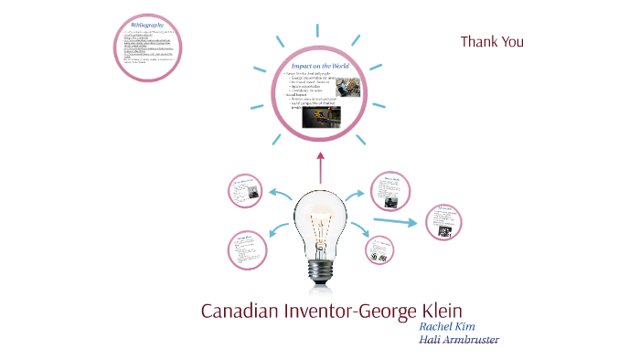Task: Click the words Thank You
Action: click(x=491, y=41)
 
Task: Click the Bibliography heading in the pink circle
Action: click(x=147, y=25)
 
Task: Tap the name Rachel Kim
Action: click(x=447, y=325)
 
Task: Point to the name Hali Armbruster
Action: click(x=459, y=340)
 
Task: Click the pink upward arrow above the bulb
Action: click(x=320, y=170)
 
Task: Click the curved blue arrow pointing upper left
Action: click(x=278, y=194)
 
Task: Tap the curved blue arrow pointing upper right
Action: click(x=359, y=195)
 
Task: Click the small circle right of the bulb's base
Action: click(x=379, y=249)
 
